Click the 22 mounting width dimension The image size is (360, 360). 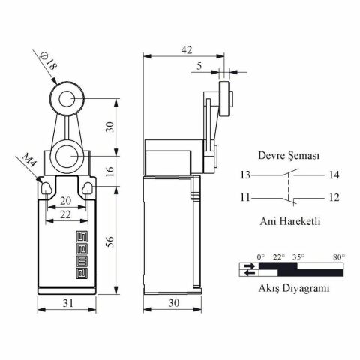(67, 214)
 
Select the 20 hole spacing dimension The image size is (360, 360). (67, 201)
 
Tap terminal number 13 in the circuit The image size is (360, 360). (244, 175)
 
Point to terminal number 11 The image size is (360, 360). (244, 197)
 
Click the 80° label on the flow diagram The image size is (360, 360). (338, 256)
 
